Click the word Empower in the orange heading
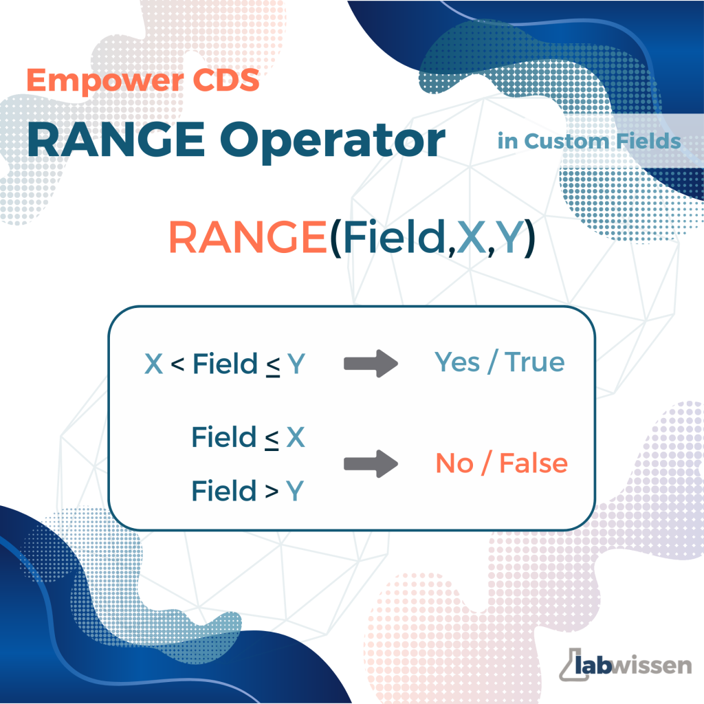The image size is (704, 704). click(x=105, y=81)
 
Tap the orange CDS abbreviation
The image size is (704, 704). click(x=225, y=80)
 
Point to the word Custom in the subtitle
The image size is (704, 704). click(x=566, y=141)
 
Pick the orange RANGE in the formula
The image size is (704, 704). click(x=247, y=237)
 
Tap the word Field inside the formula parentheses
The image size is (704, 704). click(x=394, y=236)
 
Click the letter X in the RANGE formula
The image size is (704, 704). click(x=472, y=237)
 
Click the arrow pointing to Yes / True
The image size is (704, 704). click(x=371, y=363)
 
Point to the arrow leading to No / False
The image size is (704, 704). click(x=371, y=463)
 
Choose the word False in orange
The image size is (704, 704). click(x=533, y=463)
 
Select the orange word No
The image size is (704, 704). click(x=454, y=463)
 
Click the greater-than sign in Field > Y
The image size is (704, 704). click(x=272, y=492)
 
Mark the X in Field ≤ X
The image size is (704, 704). click(x=296, y=437)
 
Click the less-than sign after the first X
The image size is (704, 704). click(x=177, y=364)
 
